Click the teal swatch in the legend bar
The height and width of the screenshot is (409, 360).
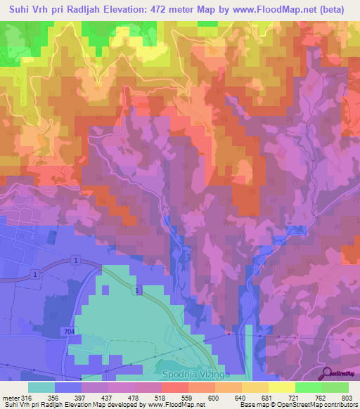point(41,387)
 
